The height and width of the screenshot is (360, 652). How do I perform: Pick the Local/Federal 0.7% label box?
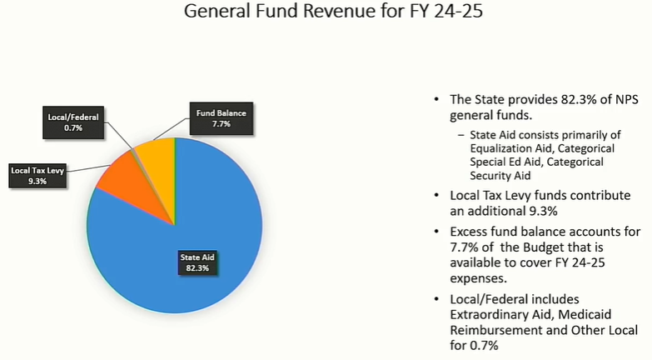point(72,122)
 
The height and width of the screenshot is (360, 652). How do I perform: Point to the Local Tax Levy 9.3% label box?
point(37,176)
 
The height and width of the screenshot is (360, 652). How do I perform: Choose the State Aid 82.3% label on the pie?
point(197,262)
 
